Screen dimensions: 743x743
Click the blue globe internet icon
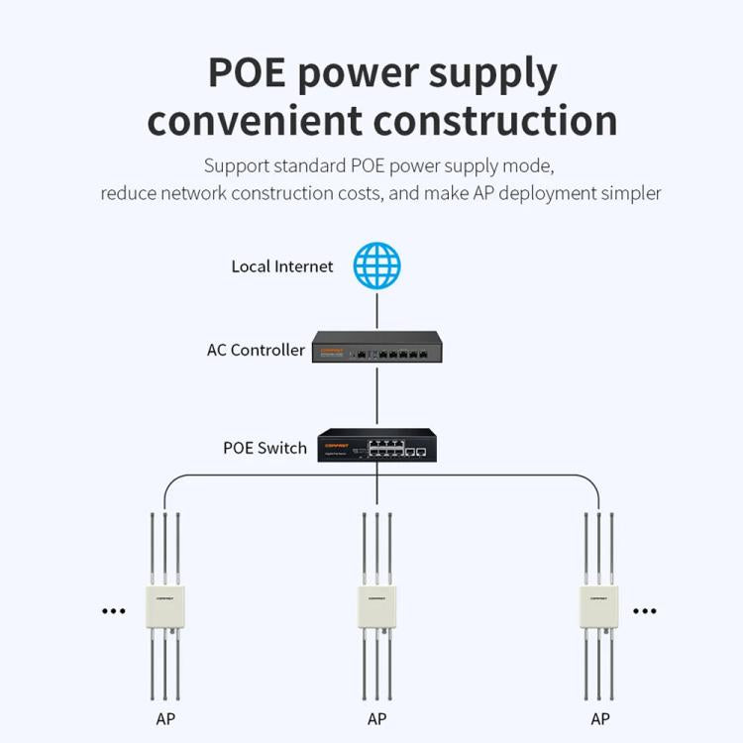click(x=377, y=265)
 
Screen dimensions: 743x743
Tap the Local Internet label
click(x=282, y=266)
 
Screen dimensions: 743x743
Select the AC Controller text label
click(x=256, y=350)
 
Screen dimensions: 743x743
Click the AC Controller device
click(x=377, y=348)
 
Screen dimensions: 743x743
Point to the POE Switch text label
click(x=265, y=448)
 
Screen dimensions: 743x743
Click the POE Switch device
click(x=376, y=445)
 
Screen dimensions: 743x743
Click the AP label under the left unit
click(x=164, y=719)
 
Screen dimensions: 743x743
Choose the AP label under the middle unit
click(x=376, y=719)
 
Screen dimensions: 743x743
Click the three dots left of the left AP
click(x=114, y=611)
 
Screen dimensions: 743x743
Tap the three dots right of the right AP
click(x=645, y=611)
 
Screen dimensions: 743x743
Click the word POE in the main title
click(x=247, y=74)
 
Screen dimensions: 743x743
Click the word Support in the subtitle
click(x=236, y=165)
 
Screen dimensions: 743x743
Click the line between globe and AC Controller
click(x=377, y=310)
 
